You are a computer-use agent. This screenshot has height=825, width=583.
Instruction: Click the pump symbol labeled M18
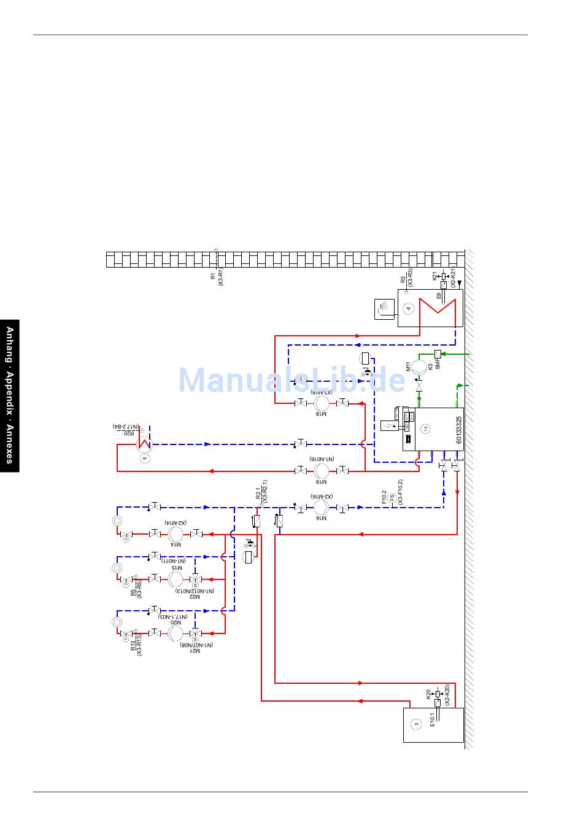point(322,403)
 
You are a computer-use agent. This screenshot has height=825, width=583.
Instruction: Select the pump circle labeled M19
point(322,471)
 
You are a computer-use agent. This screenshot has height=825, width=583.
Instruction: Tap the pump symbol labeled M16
point(322,508)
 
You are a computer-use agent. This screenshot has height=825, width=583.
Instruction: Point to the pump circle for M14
point(176,534)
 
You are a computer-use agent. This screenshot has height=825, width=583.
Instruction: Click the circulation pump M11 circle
point(419,368)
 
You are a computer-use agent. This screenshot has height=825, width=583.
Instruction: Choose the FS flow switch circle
point(392,497)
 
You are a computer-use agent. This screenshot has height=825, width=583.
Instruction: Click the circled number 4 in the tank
point(409,309)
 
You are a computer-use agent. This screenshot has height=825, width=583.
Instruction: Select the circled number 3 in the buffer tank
point(417,724)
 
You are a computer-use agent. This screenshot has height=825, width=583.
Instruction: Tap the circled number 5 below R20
point(145,458)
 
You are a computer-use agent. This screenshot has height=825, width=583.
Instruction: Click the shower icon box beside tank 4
point(384,309)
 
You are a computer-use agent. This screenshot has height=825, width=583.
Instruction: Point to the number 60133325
point(458,430)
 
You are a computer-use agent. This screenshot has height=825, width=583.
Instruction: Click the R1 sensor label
point(213,277)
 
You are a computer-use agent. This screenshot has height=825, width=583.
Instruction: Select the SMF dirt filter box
point(438,354)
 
